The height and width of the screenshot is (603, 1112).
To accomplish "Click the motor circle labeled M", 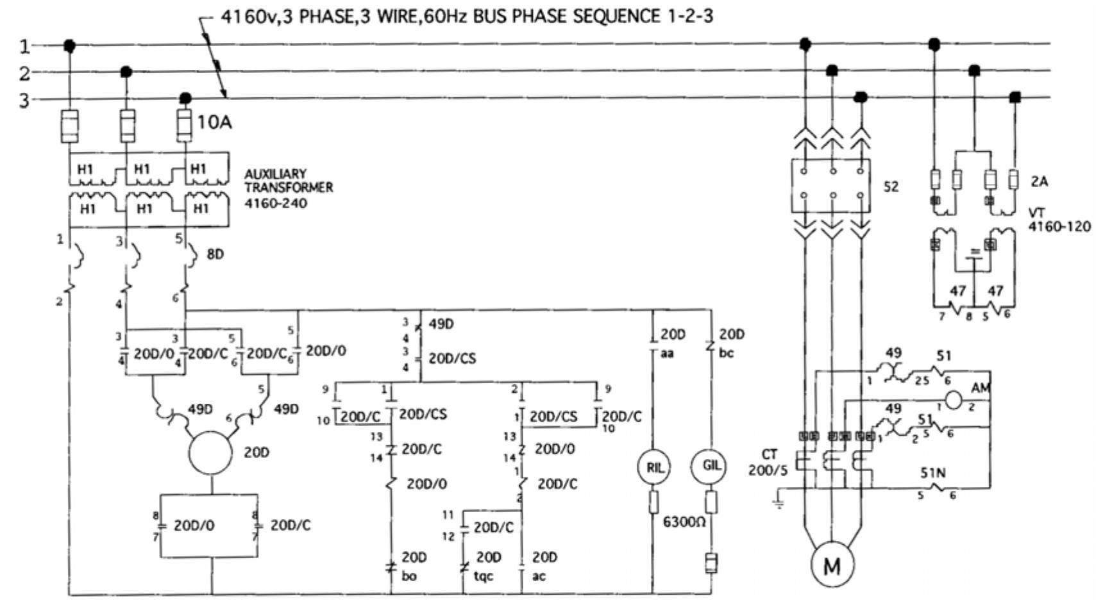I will click(x=831, y=565).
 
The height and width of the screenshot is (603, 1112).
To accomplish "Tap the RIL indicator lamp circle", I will click(x=654, y=467).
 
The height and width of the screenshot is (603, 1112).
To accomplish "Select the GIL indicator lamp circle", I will click(x=711, y=466).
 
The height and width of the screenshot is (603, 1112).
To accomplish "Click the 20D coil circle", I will click(x=210, y=453).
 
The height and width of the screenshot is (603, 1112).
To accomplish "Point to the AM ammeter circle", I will click(x=954, y=400).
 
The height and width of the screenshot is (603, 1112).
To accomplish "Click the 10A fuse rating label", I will click(x=214, y=122).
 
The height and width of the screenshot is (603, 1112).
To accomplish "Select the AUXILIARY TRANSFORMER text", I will click(x=288, y=181).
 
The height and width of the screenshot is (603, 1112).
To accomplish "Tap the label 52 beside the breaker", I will click(x=891, y=186).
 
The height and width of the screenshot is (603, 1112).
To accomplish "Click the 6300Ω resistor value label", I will click(x=684, y=522).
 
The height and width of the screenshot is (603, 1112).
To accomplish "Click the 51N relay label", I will click(x=932, y=473).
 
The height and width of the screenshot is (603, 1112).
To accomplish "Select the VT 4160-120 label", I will click(x=1059, y=220).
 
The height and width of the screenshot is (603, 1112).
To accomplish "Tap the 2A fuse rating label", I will click(x=1039, y=181).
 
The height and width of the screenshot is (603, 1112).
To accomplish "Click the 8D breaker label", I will click(x=215, y=254).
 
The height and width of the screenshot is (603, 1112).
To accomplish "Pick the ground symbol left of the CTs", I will click(x=779, y=501).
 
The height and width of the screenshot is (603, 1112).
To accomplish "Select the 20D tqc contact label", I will click(x=486, y=566).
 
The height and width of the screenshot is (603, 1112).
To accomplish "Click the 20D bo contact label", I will click(x=412, y=566).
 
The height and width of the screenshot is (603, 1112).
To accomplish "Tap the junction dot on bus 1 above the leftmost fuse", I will click(x=70, y=45).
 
